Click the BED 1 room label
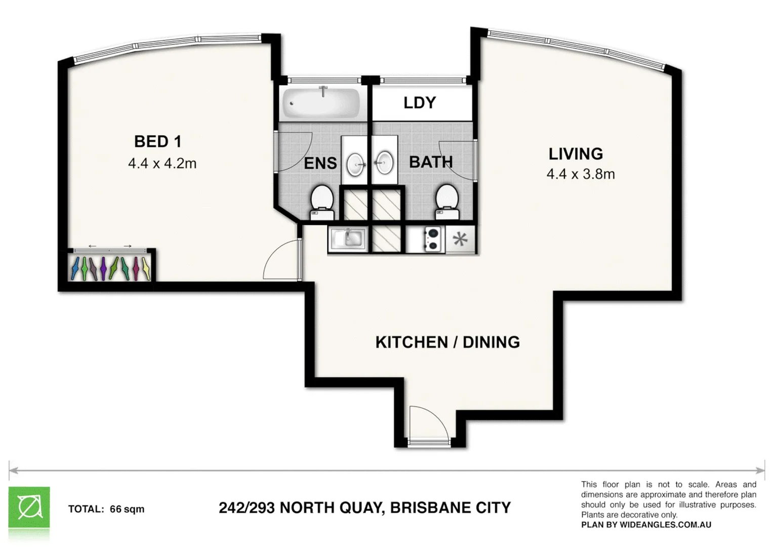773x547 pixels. [157, 141]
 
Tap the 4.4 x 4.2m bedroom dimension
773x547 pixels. [162, 164]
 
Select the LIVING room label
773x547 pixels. [576, 153]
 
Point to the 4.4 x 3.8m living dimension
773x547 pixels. [581, 174]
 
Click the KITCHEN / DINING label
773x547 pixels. [447, 342]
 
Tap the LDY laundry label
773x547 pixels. [420, 103]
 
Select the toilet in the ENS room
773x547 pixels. [321, 202]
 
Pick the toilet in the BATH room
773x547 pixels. [447, 201]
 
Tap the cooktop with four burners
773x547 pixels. [432, 240]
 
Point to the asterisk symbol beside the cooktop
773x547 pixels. [460, 239]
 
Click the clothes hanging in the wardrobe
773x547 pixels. [110, 268]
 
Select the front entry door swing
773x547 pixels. [428, 423]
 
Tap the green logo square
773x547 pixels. [29, 507]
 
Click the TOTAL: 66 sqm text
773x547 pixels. [106, 509]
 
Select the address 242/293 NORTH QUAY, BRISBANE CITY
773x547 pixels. [364, 507]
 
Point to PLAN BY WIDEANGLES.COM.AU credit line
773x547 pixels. [646, 525]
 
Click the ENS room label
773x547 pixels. [320, 163]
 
